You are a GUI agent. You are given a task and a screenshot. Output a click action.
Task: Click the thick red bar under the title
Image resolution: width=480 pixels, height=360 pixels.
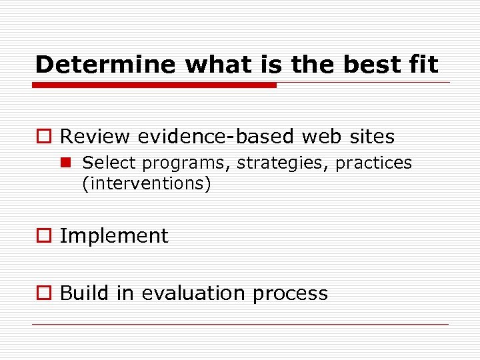click(x=155, y=85)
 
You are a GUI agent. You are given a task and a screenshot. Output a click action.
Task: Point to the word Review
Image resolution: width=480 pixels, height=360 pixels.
click(x=95, y=137)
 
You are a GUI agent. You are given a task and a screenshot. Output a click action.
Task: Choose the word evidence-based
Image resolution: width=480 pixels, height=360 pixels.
click(x=215, y=137)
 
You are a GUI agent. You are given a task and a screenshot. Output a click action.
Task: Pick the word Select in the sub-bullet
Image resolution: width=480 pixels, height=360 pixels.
click(x=109, y=163)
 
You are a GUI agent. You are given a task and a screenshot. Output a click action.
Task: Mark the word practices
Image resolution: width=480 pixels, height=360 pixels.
click(x=373, y=163)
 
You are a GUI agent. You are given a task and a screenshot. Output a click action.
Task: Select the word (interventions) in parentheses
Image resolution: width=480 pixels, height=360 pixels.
click(x=146, y=183)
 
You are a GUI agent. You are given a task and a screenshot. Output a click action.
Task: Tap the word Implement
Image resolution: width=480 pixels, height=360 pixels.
click(x=114, y=236)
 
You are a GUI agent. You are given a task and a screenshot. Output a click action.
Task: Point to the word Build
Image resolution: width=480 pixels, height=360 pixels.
click(x=81, y=293)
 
